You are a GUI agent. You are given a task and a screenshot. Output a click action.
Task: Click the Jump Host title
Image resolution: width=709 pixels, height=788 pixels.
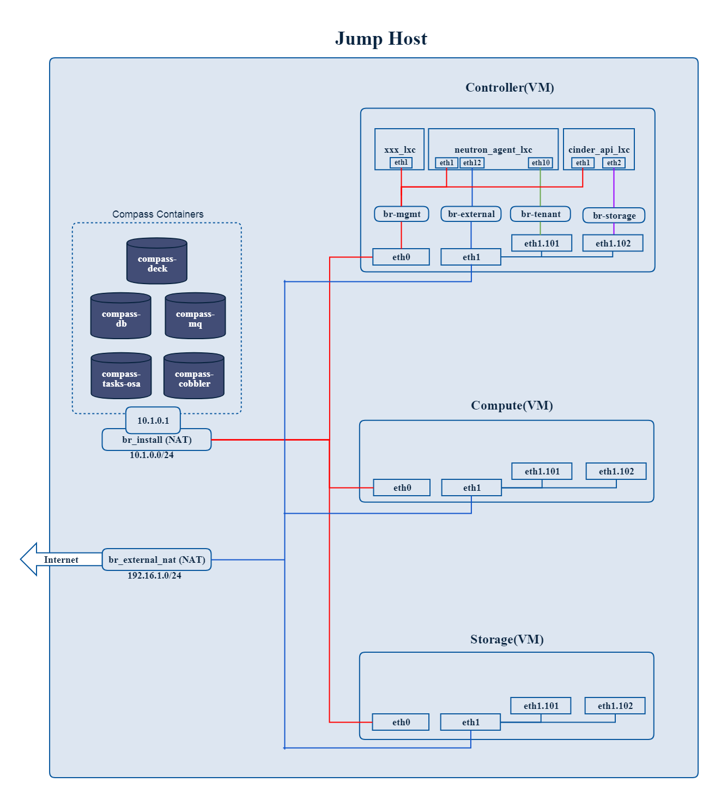381,39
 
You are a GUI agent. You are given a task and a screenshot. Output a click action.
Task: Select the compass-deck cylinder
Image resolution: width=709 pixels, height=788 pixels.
157,261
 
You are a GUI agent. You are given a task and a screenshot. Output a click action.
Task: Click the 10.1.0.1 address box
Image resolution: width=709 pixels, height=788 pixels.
153,420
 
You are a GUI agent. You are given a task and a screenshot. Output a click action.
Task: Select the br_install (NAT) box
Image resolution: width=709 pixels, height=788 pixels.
156,440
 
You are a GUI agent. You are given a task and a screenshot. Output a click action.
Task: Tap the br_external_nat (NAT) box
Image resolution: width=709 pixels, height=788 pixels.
156,560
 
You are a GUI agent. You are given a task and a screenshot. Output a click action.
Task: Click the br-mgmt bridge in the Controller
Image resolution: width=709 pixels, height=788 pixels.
402,214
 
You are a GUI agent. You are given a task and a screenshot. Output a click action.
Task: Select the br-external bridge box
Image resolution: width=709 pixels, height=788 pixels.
471,214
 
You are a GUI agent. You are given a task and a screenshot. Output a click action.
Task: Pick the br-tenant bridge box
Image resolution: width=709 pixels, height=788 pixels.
541,214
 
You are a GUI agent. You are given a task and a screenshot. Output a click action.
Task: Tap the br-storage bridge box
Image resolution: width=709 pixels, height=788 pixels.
614,215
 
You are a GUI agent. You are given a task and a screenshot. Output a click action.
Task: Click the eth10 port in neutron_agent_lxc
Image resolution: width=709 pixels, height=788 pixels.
541,163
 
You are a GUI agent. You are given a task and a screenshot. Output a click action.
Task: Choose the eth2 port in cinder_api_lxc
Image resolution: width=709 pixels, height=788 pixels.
614,163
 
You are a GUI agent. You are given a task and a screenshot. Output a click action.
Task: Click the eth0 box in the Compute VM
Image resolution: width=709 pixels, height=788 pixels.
402,488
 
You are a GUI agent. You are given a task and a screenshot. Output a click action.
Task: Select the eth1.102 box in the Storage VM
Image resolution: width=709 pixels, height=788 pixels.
615,706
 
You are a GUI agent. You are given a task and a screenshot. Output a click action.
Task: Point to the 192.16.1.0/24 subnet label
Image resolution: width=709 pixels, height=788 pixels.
154,575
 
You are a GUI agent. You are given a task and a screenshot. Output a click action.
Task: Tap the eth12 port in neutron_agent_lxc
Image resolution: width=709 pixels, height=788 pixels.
472,163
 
